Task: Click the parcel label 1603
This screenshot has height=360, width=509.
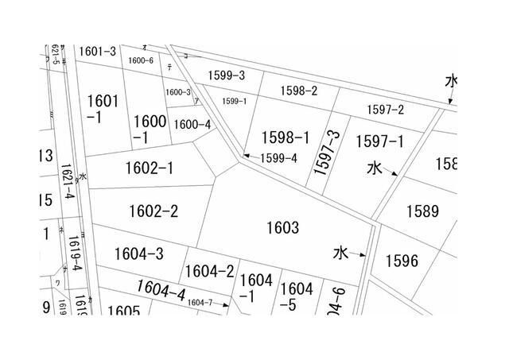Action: click(x=283, y=229)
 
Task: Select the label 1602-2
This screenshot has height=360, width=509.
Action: click(x=153, y=211)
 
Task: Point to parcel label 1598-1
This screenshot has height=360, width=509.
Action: click(x=285, y=137)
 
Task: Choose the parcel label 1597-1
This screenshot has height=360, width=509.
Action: click(x=379, y=141)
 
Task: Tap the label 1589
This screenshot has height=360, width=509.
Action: click(x=422, y=211)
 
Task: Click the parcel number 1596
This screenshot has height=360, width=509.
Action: click(x=401, y=260)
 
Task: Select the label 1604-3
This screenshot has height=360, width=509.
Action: click(x=139, y=254)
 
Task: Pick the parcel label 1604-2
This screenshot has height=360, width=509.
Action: click(x=209, y=272)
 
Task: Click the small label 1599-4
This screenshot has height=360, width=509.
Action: click(x=278, y=157)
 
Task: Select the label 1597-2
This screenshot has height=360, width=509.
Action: click(x=386, y=109)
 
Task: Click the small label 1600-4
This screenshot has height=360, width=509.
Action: click(x=192, y=124)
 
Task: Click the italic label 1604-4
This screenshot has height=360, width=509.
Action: click(x=160, y=292)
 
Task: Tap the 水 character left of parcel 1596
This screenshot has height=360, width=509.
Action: click(x=340, y=254)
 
